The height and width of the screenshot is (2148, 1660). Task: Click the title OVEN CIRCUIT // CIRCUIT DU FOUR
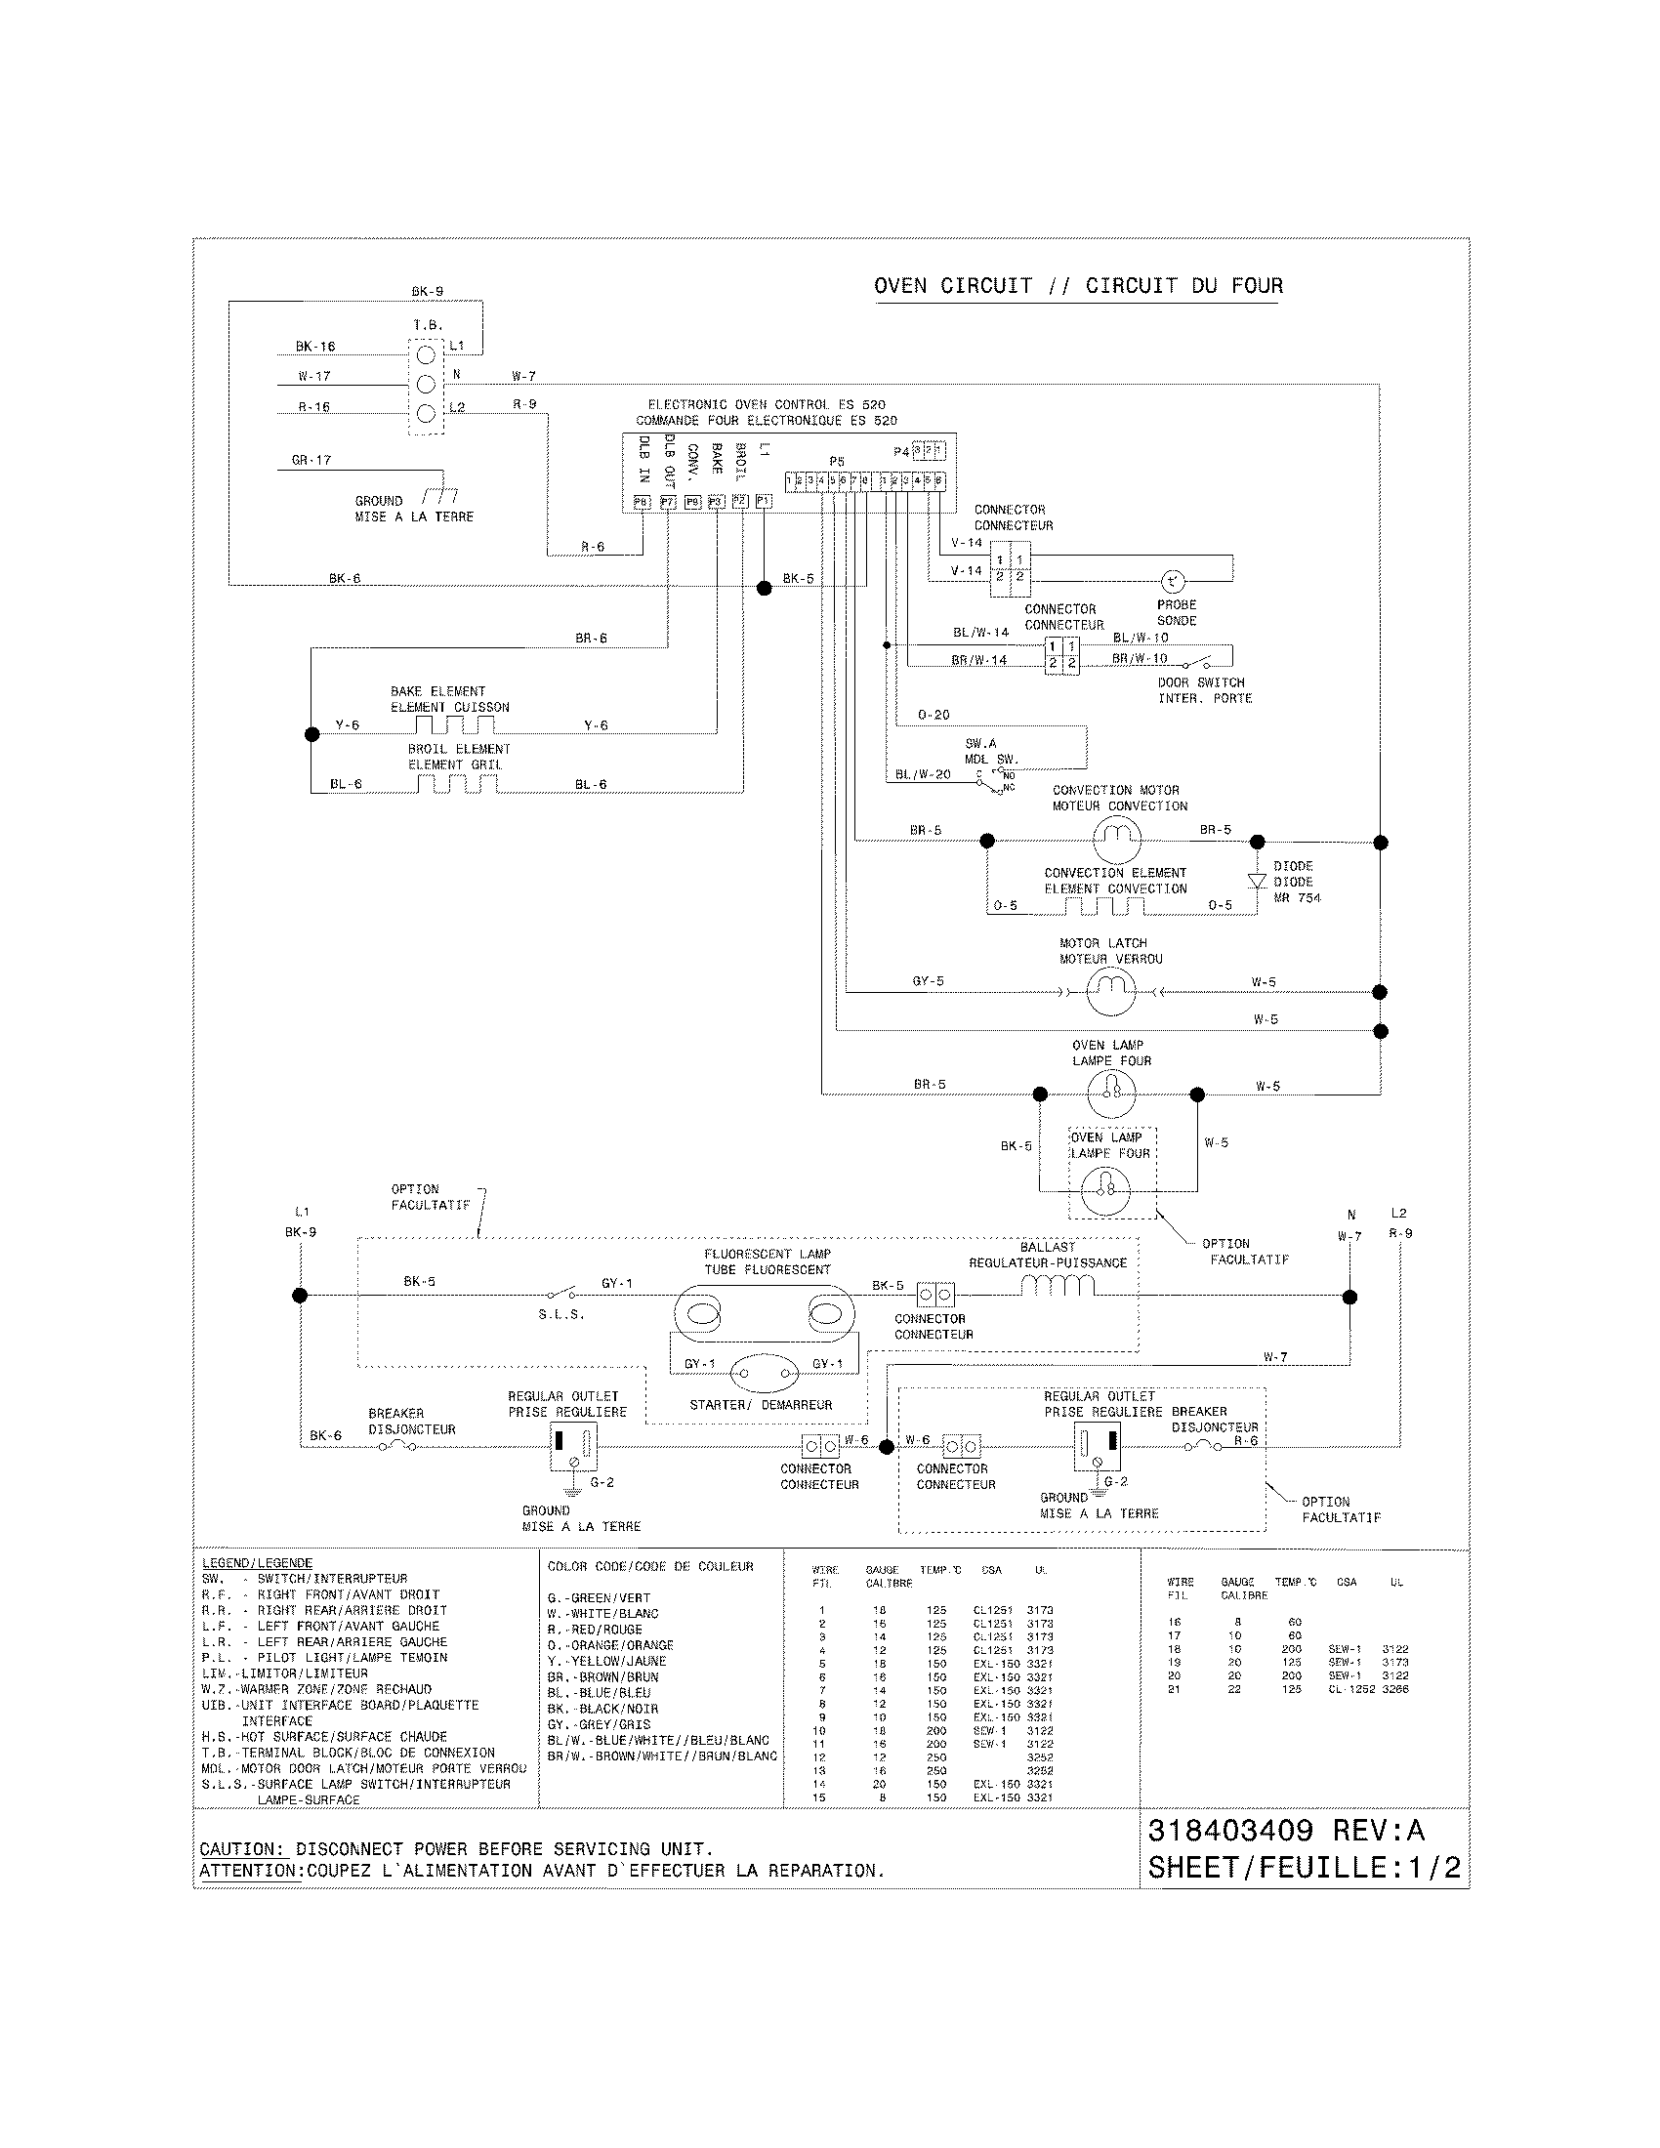pyautogui.click(x=1078, y=286)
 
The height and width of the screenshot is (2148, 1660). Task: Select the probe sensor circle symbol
pyautogui.click(x=1173, y=580)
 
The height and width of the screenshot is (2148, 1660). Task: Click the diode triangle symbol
pyautogui.click(x=1256, y=881)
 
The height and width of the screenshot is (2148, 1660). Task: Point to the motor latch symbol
pyautogui.click(x=1111, y=991)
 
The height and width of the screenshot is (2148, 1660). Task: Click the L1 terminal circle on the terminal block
pyautogui.click(x=426, y=355)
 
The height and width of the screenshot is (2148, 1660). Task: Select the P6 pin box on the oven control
pyautogui.click(x=643, y=502)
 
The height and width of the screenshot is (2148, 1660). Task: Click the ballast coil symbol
pyautogui.click(x=1058, y=1285)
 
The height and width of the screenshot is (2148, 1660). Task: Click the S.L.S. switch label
pyautogui.click(x=560, y=1315)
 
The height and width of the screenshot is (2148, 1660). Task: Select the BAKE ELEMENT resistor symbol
pyautogui.click(x=453, y=724)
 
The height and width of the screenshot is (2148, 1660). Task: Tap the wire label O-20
pyautogui.click(x=933, y=715)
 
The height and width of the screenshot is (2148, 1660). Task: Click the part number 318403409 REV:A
pyautogui.click(x=1285, y=1831)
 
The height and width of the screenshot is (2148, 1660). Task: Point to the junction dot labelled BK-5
pyautogui.click(x=765, y=587)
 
